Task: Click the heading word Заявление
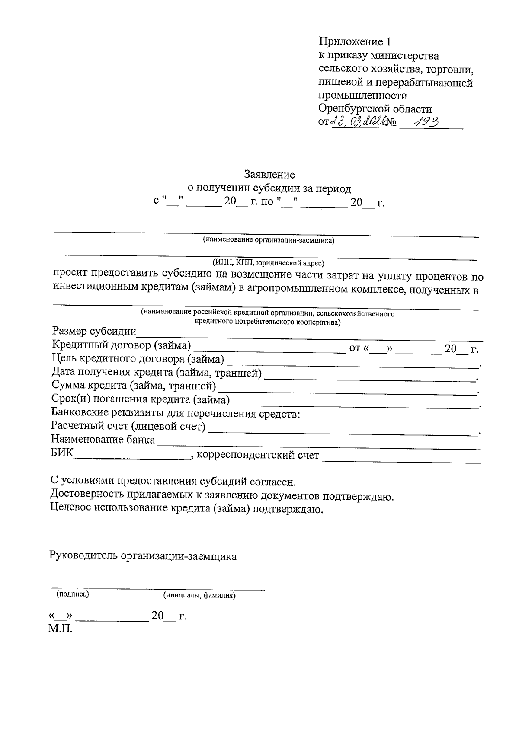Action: pyautogui.click(x=269, y=175)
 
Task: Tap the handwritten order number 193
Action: pyautogui.click(x=426, y=122)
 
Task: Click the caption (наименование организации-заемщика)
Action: pyautogui.click(x=269, y=240)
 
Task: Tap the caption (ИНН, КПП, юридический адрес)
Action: pyautogui.click(x=268, y=262)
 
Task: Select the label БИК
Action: pyautogui.click(x=62, y=453)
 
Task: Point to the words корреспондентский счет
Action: pyautogui.click(x=258, y=455)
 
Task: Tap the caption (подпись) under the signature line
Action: pyautogui.click(x=73, y=594)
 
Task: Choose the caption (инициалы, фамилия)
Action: pyautogui.click(x=199, y=595)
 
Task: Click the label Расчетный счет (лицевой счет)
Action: pyautogui.click(x=128, y=427)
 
